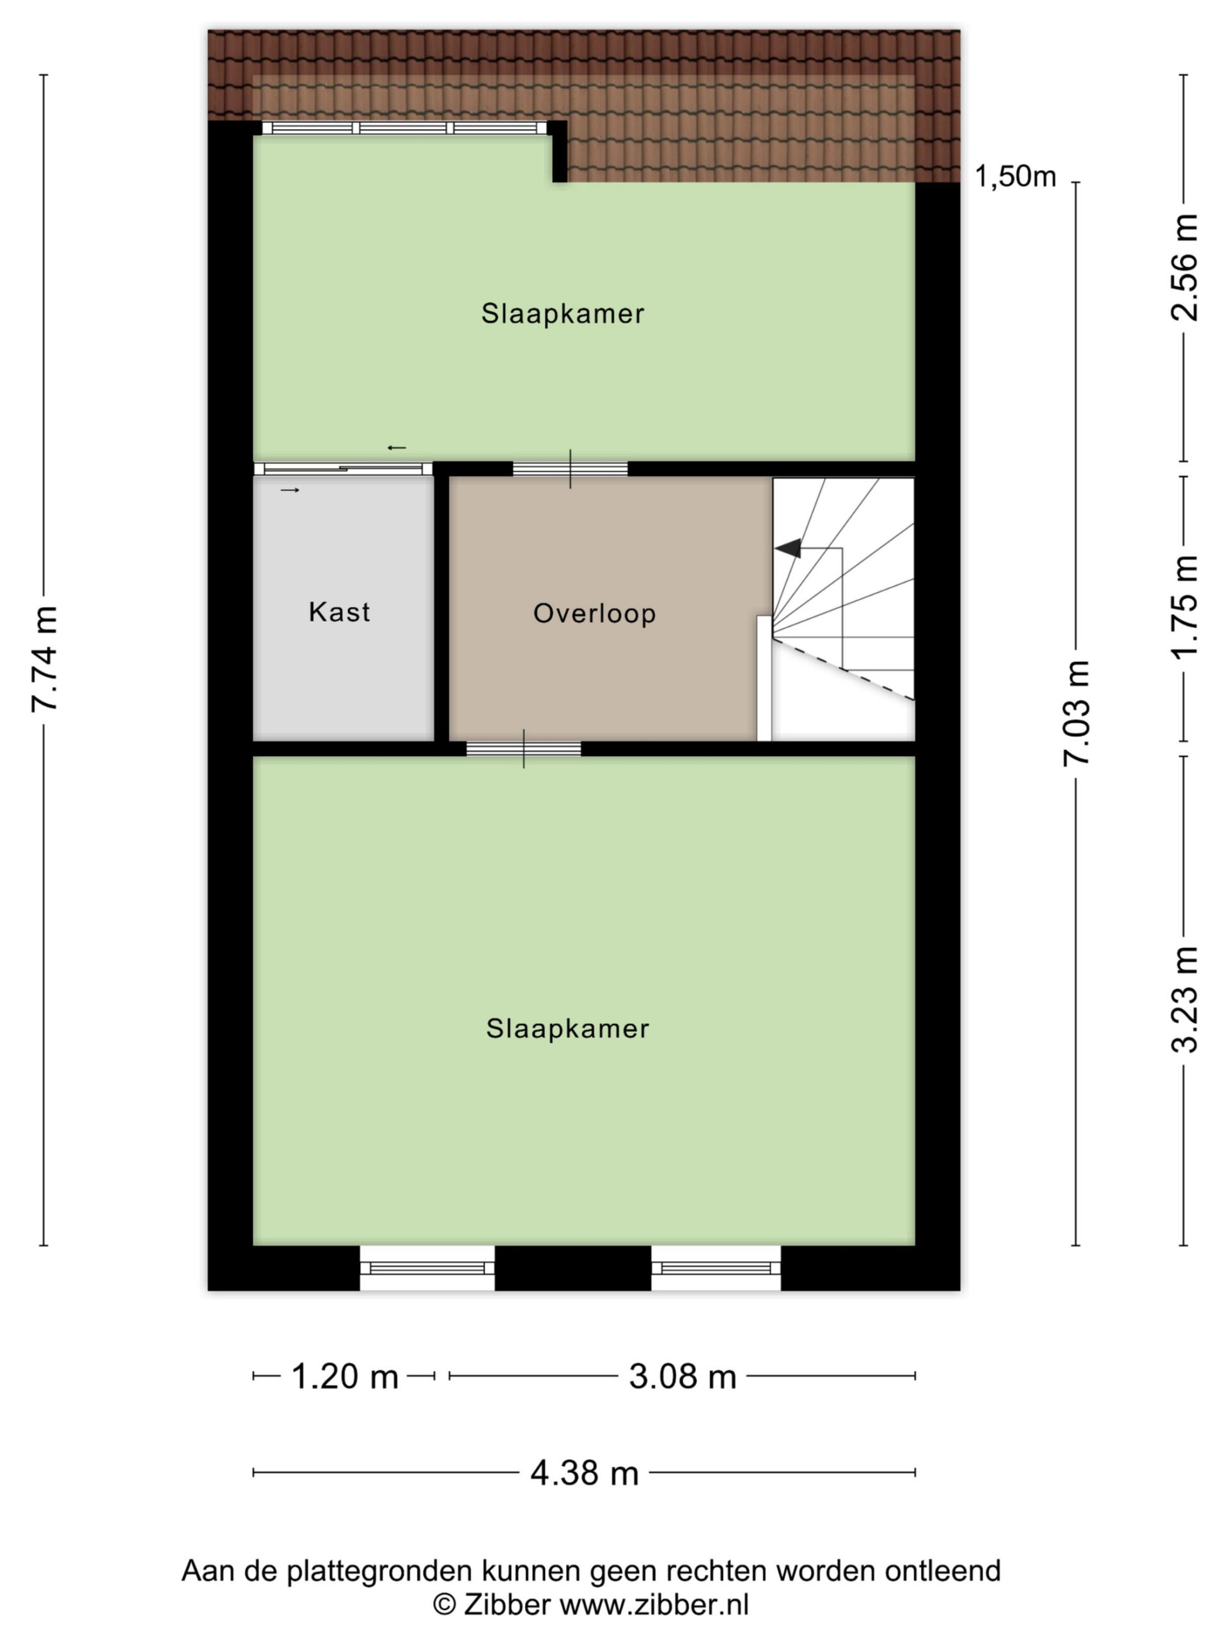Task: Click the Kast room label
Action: tap(339, 612)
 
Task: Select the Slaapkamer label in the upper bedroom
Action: tap(563, 314)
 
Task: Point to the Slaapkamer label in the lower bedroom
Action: tap(568, 1029)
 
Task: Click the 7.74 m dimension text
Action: tap(44, 659)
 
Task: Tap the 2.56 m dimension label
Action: tap(1185, 267)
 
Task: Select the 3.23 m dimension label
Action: tap(1185, 999)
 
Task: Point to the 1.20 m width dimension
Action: tap(345, 1377)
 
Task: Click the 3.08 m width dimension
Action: tap(682, 1377)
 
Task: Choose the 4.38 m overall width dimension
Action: tap(584, 1473)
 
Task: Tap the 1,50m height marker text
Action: tap(1015, 177)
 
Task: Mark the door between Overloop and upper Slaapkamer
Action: tap(570, 469)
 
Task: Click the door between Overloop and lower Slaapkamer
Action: tap(523, 748)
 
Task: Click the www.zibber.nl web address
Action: tap(654, 1605)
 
